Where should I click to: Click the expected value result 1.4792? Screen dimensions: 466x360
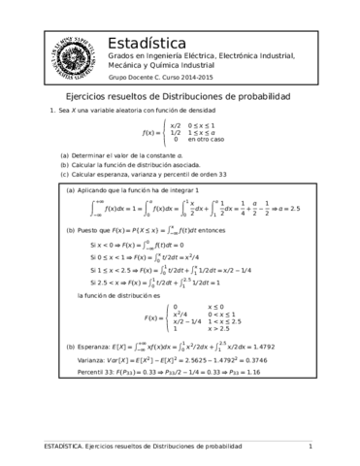pos(275,375)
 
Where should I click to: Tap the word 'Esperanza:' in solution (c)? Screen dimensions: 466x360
pos(99,375)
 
